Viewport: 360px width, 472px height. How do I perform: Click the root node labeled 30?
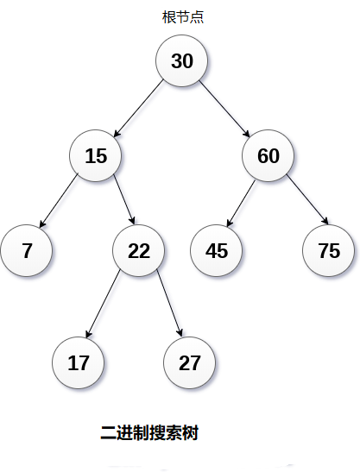pos(181,60)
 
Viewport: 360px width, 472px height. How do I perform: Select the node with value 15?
pos(96,155)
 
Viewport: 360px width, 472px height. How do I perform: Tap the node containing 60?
pos(268,155)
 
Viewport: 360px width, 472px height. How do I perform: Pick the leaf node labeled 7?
pos(27,250)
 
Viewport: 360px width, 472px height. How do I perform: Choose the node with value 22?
pos(139,250)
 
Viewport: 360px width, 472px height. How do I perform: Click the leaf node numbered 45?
pos(217,250)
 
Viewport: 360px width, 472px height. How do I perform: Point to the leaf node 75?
pos(329,250)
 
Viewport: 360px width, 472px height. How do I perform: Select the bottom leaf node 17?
pos(79,362)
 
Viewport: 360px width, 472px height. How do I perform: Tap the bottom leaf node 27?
pos(190,362)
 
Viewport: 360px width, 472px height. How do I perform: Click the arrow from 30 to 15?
pos(139,109)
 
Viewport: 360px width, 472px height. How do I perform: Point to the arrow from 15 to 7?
pos(59,200)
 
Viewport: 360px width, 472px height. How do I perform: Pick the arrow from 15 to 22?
pos(124,199)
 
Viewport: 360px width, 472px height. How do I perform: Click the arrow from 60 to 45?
pos(241,203)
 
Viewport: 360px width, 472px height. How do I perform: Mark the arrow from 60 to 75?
pos(307,199)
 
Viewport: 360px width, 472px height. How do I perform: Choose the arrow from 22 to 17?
pos(103,304)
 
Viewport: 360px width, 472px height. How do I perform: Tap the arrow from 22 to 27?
pos(169,303)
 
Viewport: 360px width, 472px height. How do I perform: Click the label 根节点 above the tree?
pos(183,17)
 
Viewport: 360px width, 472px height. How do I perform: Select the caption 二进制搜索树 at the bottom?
pos(149,433)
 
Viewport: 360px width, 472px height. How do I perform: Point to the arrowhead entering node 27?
pos(180,333)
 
